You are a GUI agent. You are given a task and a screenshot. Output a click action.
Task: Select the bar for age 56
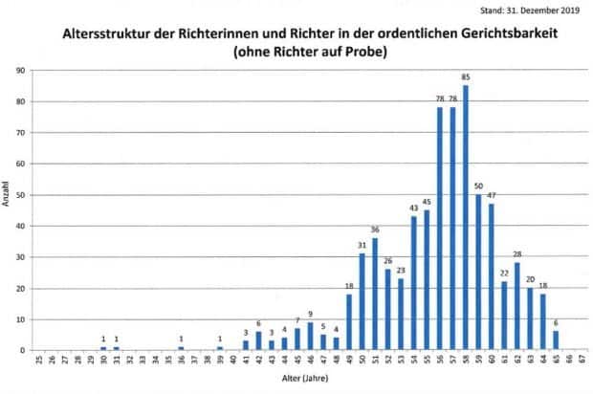[440, 230]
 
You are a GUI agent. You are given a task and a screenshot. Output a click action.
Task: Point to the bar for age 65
[556, 340]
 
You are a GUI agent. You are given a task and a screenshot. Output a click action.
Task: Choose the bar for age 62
[516, 307]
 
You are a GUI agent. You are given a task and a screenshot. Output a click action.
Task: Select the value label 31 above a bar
[362, 245]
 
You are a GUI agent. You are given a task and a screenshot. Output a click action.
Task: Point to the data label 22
[504, 273]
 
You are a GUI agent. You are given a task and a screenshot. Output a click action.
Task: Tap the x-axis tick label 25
[38, 363]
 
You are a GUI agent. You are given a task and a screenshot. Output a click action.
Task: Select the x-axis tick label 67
[582, 363]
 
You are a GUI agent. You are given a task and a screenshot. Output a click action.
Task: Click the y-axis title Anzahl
[7, 194]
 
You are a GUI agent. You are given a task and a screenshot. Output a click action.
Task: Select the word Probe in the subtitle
[365, 53]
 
